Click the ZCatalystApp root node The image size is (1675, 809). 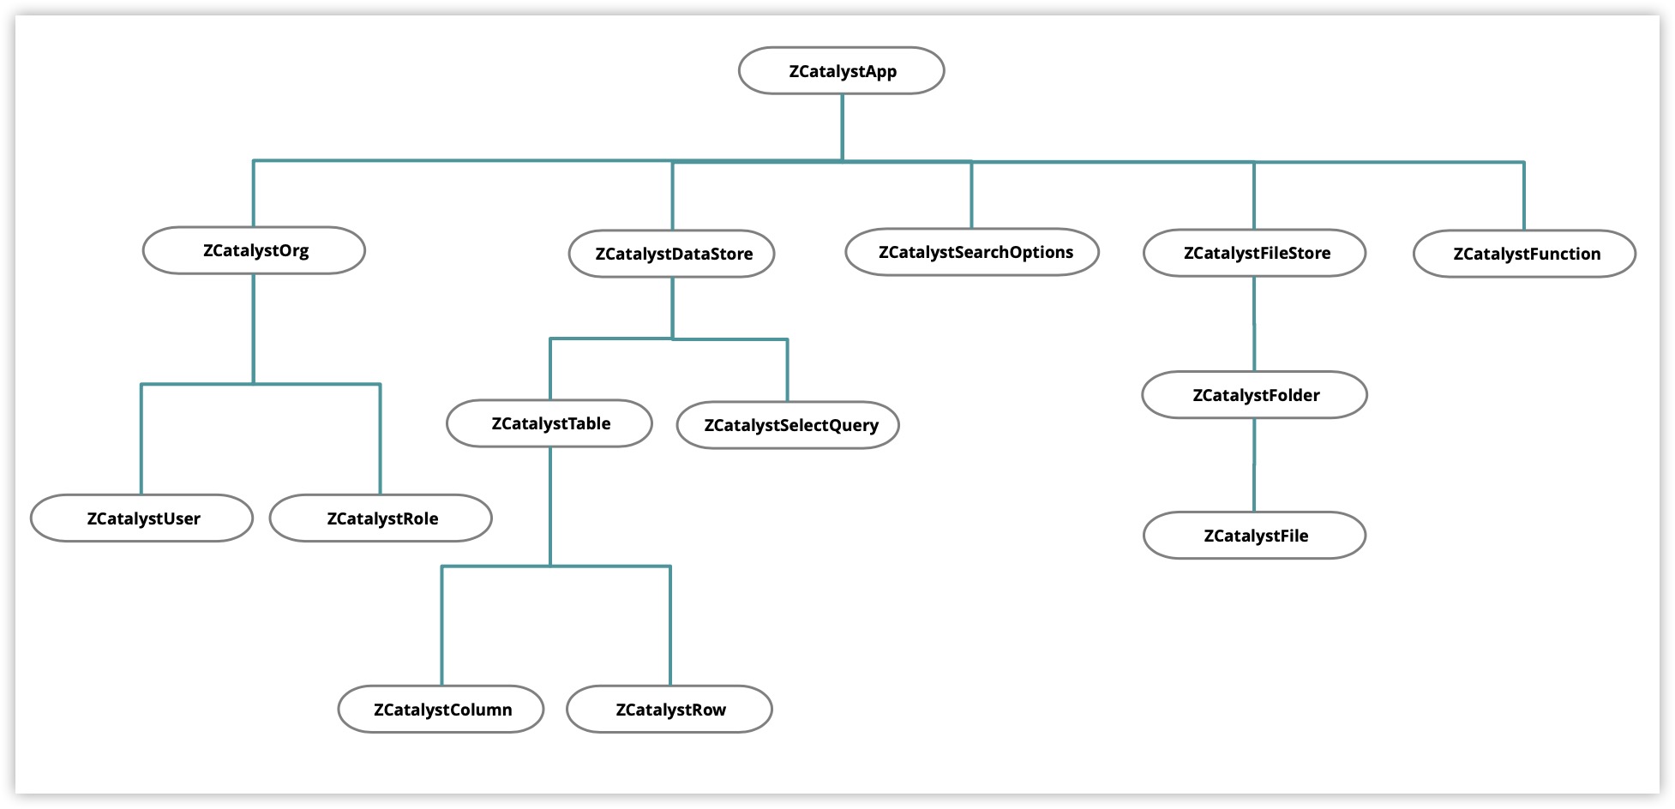(x=841, y=71)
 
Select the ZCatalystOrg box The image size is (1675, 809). (x=254, y=250)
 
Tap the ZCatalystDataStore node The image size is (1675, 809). (x=672, y=254)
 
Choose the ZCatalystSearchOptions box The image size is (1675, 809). (x=972, y=252)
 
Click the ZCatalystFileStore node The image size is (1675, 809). (x=1255, y=253)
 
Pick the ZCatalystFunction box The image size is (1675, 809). (x=1524, y=254)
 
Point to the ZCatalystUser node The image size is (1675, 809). (x=141, y=518)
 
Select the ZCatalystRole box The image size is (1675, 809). (x=381, y=518)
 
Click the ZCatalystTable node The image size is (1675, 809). (x=549, y=423)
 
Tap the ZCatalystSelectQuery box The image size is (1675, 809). (x=788, y=425)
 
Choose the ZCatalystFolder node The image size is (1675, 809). (x=1255, y=395)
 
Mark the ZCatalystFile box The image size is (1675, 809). (x=1255, y=536)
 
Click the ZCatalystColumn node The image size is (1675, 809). (x=441, y=710)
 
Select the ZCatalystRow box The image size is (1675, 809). (x=669, y=710)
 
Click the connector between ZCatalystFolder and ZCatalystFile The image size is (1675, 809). (x=1254, y=465)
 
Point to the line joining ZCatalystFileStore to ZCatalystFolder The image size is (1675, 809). (x=1254, y=324)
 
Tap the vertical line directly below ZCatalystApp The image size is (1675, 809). (x=842, y=127)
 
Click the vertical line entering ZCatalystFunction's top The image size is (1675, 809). (x=1523, y=195)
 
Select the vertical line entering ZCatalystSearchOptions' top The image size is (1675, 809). (x=971, y=195)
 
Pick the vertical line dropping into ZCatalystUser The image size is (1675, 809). (x=141, y=439)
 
